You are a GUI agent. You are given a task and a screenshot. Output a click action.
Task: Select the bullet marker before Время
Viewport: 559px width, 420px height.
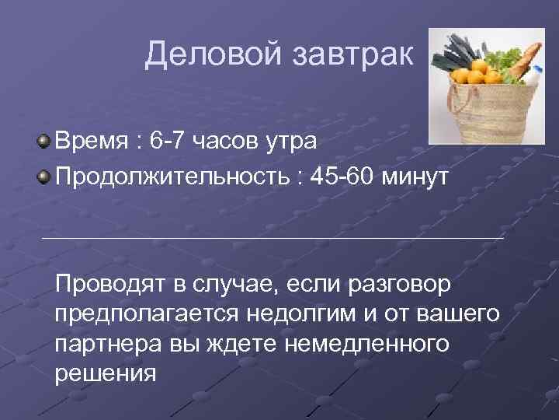45,141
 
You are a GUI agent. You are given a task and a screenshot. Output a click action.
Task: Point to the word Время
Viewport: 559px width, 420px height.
90,142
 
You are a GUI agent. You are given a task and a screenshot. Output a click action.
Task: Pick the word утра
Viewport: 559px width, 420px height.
294,143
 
